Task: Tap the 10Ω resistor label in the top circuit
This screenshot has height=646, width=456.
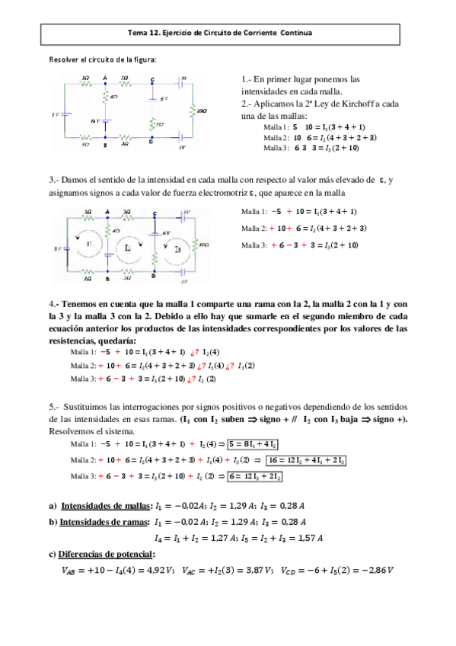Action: (201, 111)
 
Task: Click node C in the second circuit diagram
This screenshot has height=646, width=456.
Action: (155, 213)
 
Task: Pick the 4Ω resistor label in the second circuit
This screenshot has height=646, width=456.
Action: (115, 229)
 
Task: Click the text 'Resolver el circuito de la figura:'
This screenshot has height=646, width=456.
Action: (103, 59)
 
